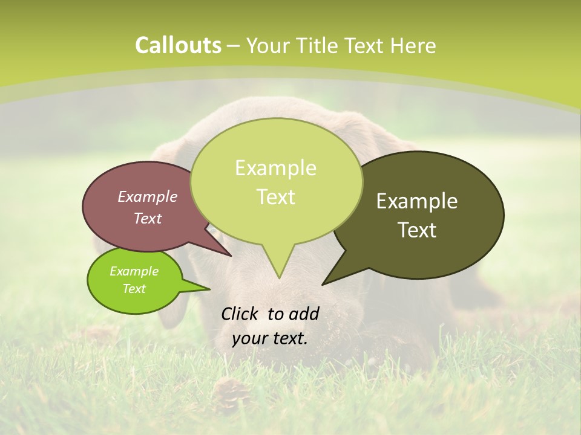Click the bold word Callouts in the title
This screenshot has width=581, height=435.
coord(178,45)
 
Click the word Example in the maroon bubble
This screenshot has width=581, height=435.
coord(148,196)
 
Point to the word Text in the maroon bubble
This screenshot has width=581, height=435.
coord(148,218)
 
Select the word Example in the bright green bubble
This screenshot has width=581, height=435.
coord(134,271)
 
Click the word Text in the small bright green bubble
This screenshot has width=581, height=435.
coord(134,289)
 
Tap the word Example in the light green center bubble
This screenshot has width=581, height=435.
coord(275,168)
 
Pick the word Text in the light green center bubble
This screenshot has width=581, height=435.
coord(275,197)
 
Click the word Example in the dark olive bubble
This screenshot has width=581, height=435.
coord(417,201)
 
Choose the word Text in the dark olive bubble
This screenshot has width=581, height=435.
coord(417,230)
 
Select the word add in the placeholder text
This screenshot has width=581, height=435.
coord(304,314)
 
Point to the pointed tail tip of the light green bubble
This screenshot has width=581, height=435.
coord(279,277)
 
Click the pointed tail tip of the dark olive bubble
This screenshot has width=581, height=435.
coord(323,283)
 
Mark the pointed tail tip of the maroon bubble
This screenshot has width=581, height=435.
coord(231,256)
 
